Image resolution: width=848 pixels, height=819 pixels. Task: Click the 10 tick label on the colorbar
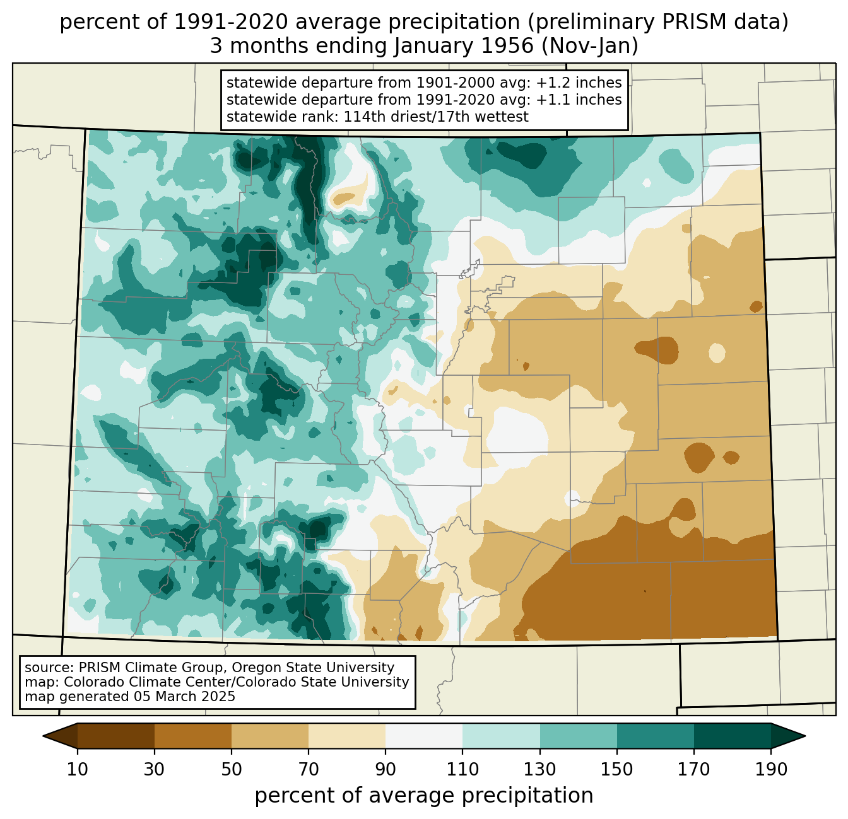pyautogui.click(x=77, y=769)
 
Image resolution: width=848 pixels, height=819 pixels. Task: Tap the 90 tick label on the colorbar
pyautogui.click(x=386, y=769)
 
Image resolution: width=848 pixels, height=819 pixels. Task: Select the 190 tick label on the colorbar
pyautogui.click(x=771, y=769)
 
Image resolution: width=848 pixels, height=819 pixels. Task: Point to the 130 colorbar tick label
pyautogui.click(x=540, y=769)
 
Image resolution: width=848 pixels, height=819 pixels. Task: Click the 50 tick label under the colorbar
pyautogui.click(x=232, y=769)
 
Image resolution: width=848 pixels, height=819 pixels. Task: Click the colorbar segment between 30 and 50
pyautogui.click(x=192, y=736)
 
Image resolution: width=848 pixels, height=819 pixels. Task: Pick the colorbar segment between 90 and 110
pyautogui.click(x=424, y=736)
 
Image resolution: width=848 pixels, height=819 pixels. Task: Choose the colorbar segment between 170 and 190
pyautogui.click(x=732, y=736)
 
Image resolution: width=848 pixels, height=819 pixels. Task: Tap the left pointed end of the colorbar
pyautogui.click(x=44, y=736)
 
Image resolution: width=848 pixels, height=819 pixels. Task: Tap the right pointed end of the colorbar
pyautogui.click(x=804, y=736)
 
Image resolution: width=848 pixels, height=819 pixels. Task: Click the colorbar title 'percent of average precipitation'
pyautogui.click(x=424, y=796)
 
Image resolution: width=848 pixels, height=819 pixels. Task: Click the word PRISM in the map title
pyautogui.click(x=688, y=22)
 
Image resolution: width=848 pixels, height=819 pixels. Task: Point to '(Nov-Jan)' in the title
pyautogui.click(x=589, y=46)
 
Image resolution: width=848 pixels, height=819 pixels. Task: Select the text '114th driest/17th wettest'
pyautogui.click(x=436, y=117)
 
